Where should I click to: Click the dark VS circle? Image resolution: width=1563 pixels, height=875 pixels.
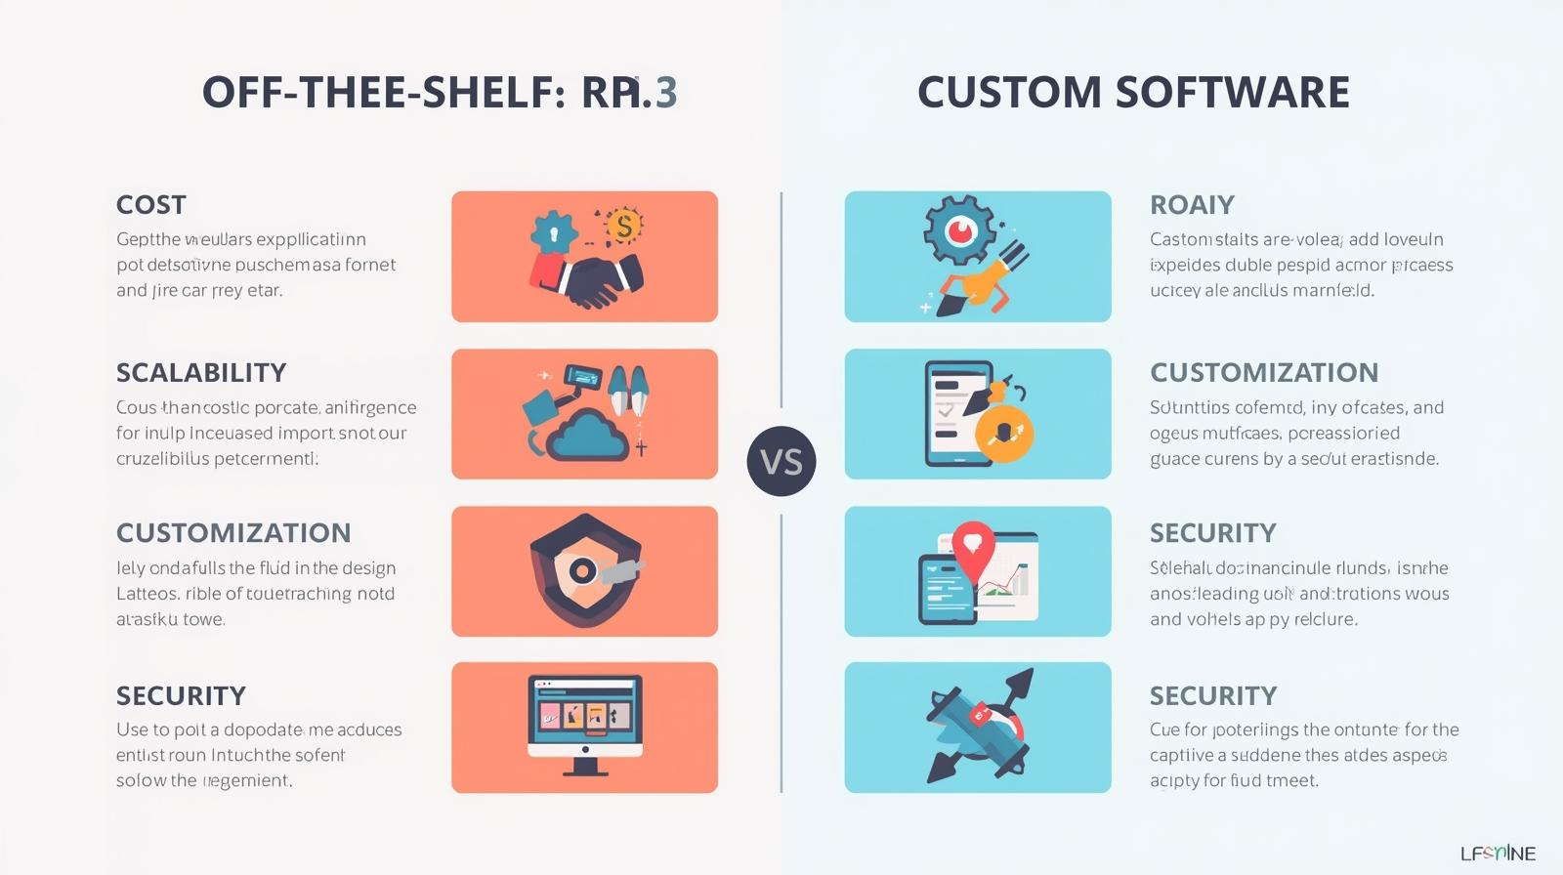coord(781,461)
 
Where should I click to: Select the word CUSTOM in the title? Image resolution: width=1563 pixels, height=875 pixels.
coord(1009,93)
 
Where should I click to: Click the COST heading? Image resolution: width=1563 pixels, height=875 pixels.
coord(150,205)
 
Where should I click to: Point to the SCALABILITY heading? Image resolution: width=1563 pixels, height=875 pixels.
coord(201,373)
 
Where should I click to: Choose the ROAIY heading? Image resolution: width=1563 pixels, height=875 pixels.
coord(1192,205)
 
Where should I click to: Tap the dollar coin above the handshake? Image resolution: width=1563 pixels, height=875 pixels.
coord(623,227)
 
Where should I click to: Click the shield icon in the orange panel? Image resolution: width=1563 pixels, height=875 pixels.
coord(581,571)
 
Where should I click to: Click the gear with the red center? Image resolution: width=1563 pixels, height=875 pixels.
coord(961,230)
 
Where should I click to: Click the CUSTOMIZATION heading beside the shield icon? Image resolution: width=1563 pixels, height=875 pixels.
coord(233,533)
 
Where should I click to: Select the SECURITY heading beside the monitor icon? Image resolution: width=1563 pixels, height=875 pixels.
coord(181,696)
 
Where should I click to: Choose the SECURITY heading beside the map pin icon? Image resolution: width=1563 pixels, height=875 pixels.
coord(1212,533)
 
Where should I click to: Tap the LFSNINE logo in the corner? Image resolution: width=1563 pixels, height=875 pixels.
coord(1498,854)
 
